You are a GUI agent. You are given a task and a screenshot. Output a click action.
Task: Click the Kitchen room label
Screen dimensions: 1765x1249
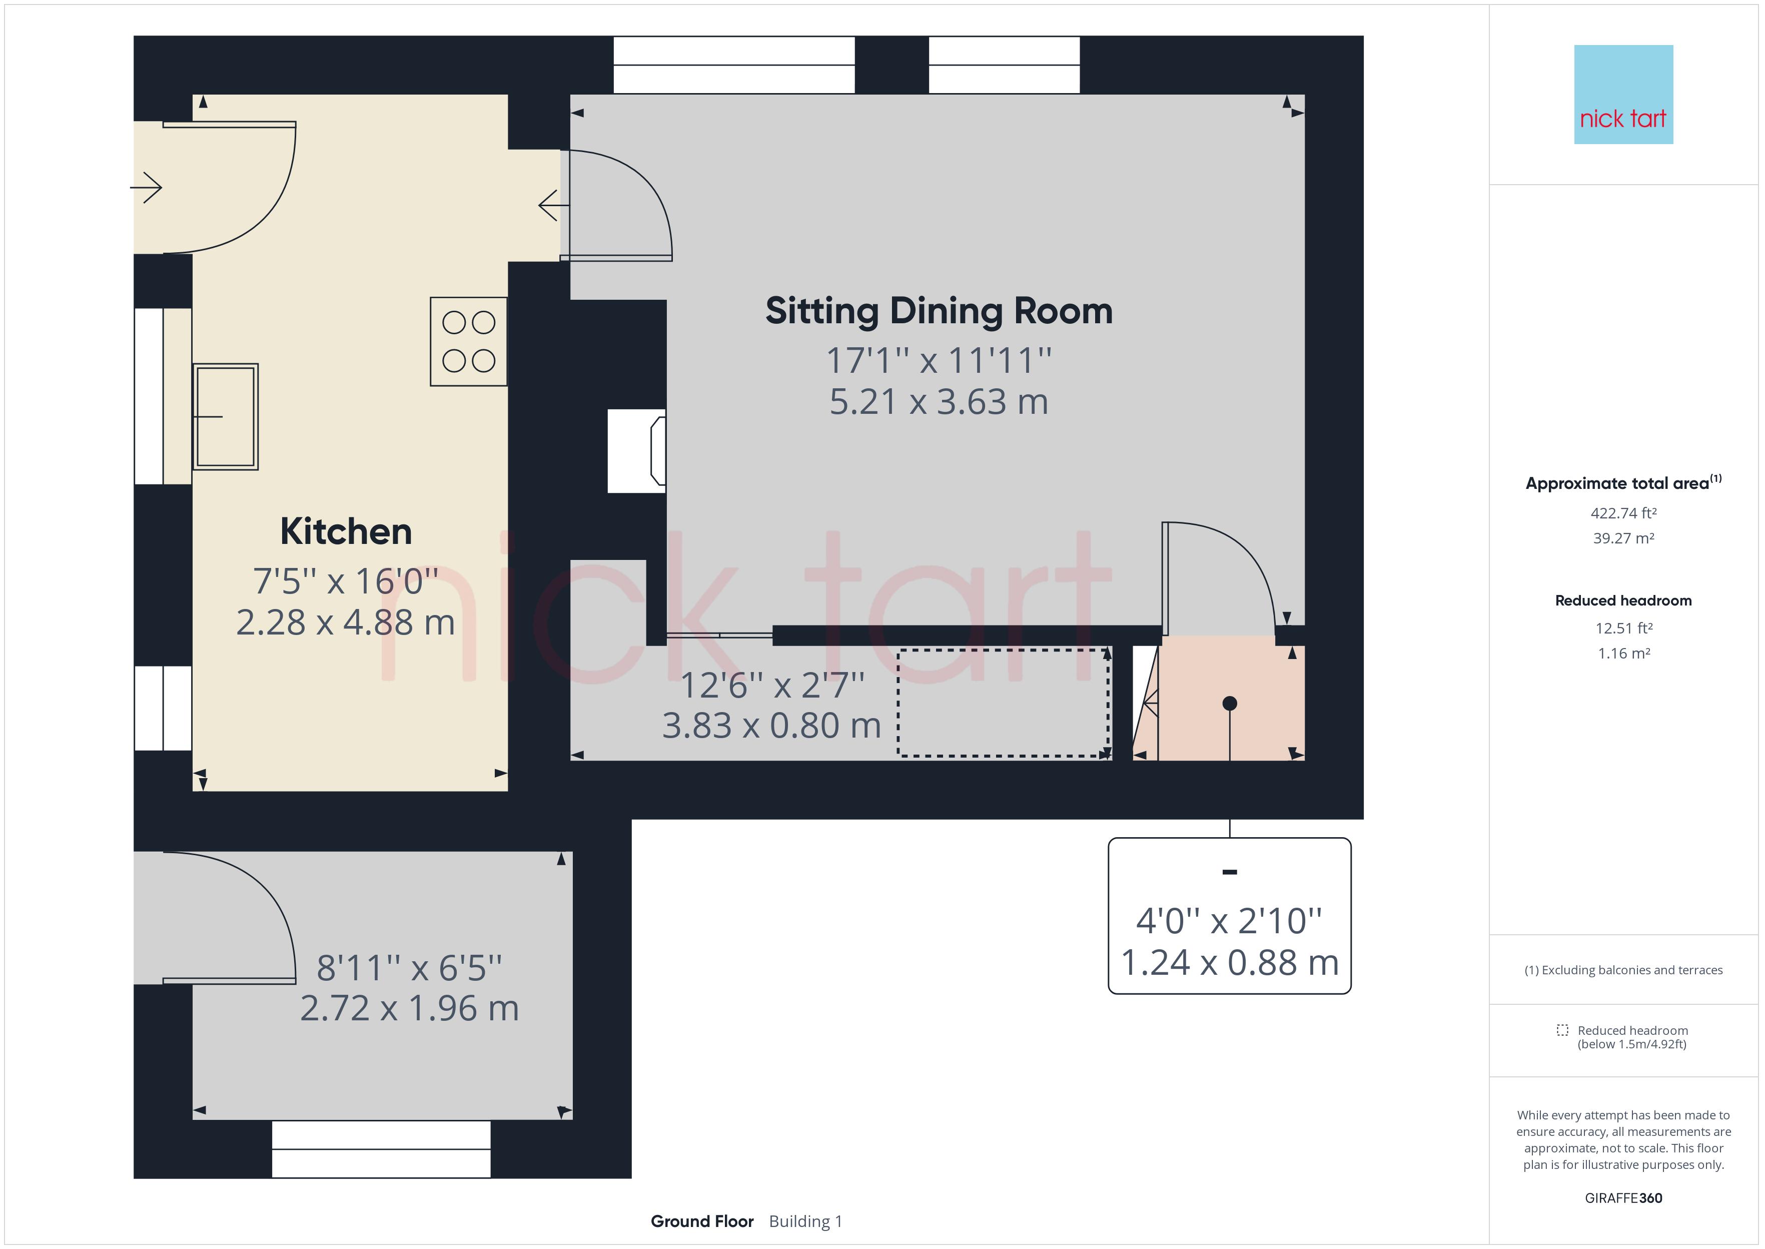pyautogui.click(x=346, y=531)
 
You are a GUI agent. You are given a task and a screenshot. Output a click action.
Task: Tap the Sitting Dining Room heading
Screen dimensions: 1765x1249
pyautogui.click(x=939, y=311)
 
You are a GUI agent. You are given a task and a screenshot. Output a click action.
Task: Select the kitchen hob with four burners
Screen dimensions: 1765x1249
pyautogui.click(x=468, y=341)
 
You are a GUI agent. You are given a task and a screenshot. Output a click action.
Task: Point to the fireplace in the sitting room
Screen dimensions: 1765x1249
pyautogui.click(x=636, y=451)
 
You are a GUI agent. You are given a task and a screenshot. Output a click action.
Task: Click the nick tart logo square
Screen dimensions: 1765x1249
pyautogui.click(x=1623, y=95)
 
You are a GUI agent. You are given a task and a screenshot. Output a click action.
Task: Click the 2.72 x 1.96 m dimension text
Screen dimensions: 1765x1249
pyautogui.click(x=410, y=1008)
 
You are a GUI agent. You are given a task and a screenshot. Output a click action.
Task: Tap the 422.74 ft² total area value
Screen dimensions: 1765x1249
pyautogui.click(x=1623, y=513)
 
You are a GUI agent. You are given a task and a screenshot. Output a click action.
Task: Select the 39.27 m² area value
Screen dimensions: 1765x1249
pyautogui.click(x=1623, y=538)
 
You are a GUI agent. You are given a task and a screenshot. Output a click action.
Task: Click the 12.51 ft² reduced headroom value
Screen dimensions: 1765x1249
pyautogui.click(x=1623, y=629)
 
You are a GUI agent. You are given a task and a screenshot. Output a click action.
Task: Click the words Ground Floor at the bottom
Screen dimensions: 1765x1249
pyautogui.click(x=702, y=1221)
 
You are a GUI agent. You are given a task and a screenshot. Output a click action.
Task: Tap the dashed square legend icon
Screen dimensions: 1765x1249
pyautogui.click(x=1562, y=1030)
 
